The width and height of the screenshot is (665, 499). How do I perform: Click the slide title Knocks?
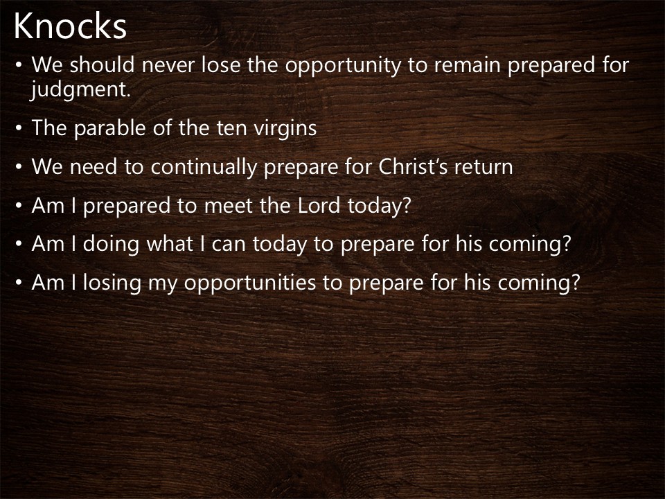pos(70,26)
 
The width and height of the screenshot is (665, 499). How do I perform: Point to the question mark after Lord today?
pos(406,207)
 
